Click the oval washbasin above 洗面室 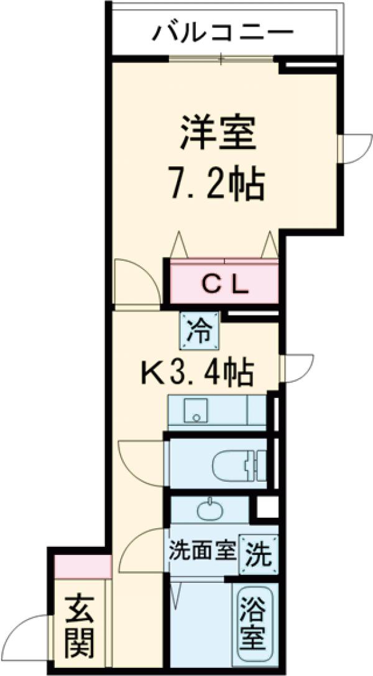[208, 510]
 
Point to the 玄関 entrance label [80, 626]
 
